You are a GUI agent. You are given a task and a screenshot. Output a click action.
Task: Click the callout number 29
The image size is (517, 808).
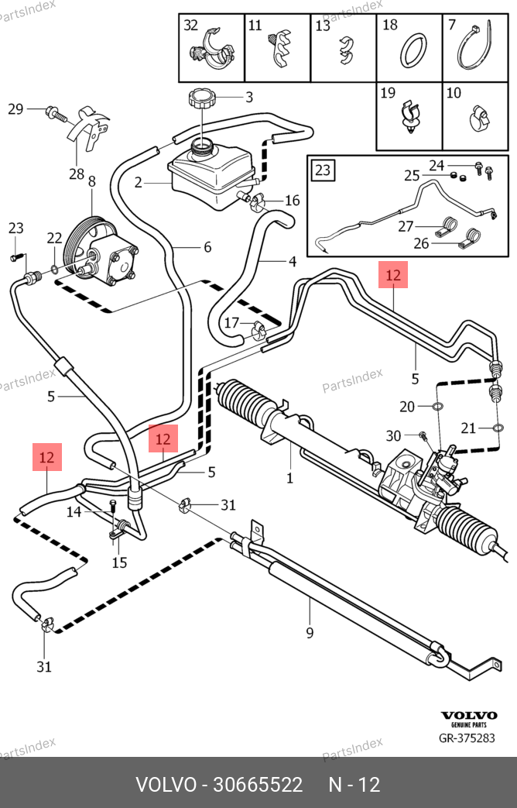click(15, 109)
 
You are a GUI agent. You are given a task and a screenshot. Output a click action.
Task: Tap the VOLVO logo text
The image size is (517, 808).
click(468, 716)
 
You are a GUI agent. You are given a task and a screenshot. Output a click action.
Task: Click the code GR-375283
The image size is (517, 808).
click(468, 738)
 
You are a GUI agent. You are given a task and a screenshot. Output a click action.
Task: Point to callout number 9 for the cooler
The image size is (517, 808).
click(310, 633)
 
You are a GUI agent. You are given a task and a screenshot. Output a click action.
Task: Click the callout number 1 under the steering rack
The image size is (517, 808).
click(289, 478)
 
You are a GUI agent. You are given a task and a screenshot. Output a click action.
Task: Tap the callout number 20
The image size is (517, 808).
click(408, 405)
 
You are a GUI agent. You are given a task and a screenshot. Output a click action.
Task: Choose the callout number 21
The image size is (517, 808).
click(467, 428)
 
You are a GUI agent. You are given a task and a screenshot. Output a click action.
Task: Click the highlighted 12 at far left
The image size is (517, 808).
click(46, 457)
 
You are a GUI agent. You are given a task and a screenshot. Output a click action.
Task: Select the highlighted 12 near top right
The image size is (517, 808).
click(393, 275)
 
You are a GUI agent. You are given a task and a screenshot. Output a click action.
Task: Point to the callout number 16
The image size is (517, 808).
click(292, 201)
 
